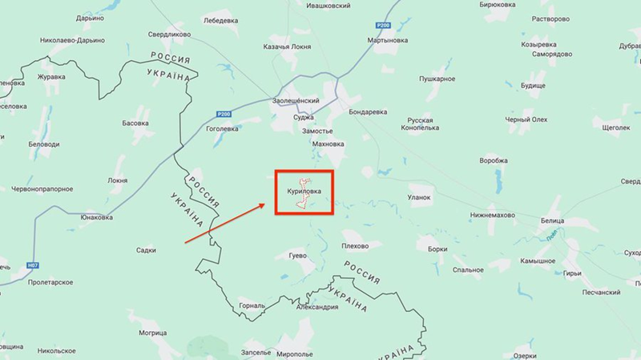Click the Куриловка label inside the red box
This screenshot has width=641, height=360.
304,192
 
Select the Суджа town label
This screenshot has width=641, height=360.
304,117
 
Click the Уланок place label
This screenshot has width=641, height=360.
419,197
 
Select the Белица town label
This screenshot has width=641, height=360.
552,220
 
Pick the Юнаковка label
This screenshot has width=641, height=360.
96,216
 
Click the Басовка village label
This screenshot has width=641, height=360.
135,123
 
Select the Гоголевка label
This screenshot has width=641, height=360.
222,128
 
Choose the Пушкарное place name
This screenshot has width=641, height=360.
437,79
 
